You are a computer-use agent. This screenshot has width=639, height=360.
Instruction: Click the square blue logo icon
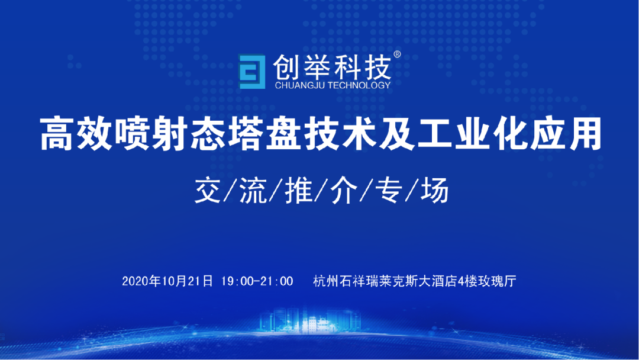pos(252,72)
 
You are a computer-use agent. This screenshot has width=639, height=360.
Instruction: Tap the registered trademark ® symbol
pos(397,54)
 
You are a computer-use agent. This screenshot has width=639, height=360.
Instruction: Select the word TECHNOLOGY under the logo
pos(359,85)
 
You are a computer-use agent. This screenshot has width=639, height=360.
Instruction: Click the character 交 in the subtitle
pos(208,190)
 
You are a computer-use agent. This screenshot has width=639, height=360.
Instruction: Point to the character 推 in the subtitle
pos(299,190)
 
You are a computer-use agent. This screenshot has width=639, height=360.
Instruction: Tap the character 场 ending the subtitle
pos(435,190)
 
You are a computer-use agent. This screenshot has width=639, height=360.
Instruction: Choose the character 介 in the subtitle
pos(344,190)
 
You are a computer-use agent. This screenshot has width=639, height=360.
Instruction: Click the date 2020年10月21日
pos(167,281)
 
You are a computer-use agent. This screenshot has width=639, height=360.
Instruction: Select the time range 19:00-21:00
pos(257,281)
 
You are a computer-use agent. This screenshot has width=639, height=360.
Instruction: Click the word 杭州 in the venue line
pos(326,281)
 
